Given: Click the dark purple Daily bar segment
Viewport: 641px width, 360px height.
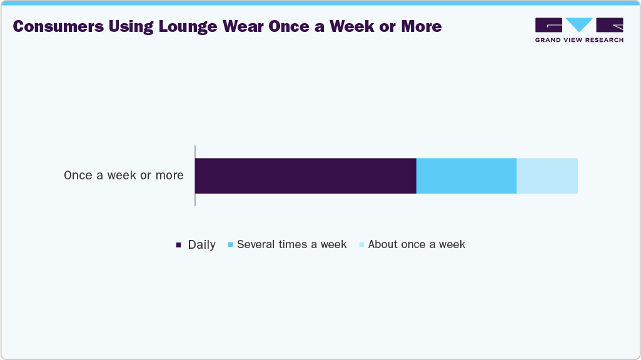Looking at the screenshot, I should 305,176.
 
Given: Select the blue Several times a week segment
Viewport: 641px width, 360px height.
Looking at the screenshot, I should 466,176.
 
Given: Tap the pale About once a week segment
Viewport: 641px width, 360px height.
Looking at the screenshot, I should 547,176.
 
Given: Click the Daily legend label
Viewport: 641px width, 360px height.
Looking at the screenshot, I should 201,245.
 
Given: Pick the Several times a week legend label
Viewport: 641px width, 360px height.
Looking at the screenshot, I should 291,244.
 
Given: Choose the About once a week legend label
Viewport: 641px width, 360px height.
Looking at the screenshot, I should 416,244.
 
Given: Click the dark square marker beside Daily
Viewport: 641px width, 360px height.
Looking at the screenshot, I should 179,245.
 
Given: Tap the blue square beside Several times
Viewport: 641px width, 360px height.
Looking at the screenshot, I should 231,245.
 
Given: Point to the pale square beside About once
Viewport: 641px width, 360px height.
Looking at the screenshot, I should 362,245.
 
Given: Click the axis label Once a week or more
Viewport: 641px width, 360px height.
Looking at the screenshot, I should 124,176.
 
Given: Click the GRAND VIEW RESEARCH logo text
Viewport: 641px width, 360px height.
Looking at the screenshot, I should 579,40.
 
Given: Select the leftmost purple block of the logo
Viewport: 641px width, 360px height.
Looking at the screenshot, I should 548,25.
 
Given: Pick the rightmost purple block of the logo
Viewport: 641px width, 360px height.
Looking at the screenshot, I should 610,25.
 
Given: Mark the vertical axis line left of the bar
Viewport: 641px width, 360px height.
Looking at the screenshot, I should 195,176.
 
